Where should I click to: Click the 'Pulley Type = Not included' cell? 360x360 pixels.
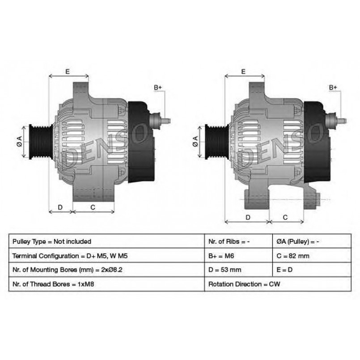point(106,241)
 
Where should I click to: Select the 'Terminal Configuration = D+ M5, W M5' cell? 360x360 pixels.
point(106,255)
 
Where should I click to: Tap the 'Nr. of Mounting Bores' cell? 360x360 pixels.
point(106,270)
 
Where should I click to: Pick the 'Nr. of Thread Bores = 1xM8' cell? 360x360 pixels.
point(106,284)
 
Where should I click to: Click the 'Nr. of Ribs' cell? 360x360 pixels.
point(238,241)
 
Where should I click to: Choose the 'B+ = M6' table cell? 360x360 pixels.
point(238,255)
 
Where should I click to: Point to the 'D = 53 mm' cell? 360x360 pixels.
point(238,270)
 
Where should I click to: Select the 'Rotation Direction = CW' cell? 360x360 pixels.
point(278,284)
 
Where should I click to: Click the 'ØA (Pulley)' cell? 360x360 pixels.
point(312,241)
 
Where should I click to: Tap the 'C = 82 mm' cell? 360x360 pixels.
point(312,255)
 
